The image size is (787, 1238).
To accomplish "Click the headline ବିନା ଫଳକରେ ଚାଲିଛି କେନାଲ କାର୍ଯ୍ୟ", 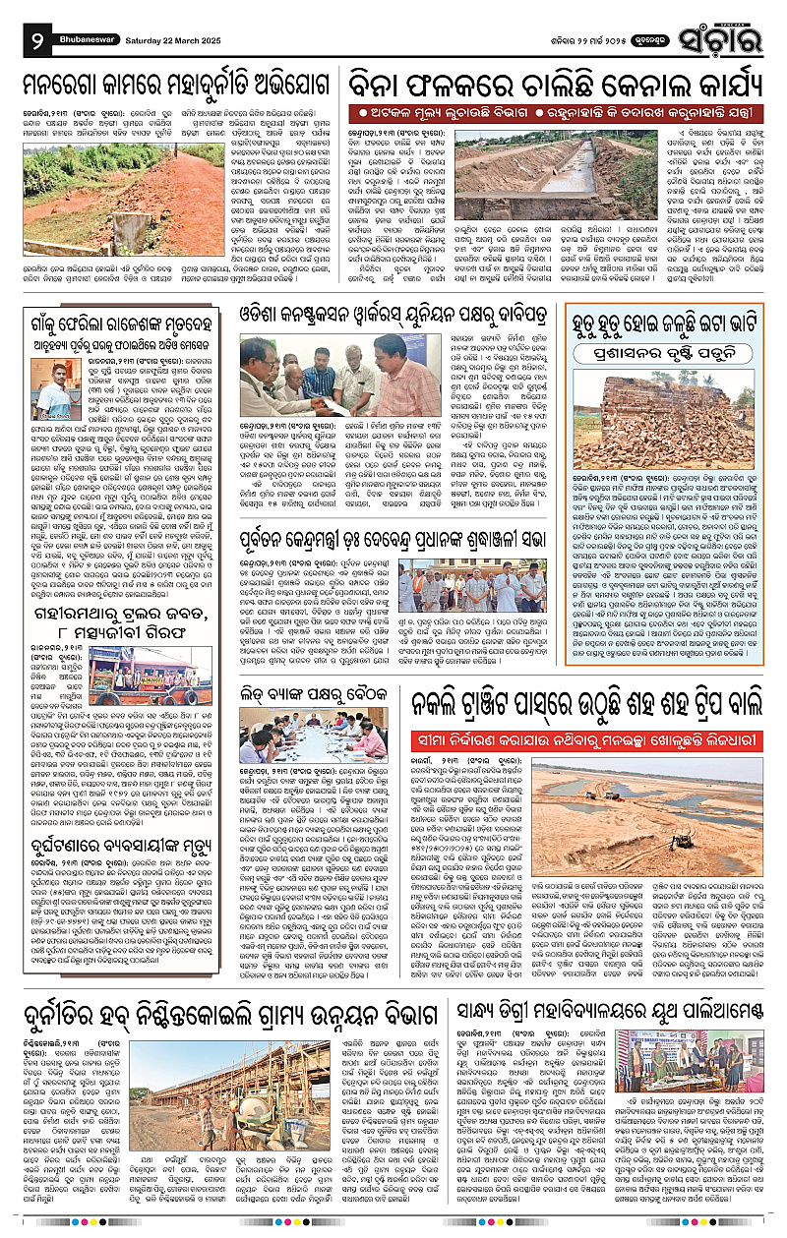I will coord(560,80).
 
